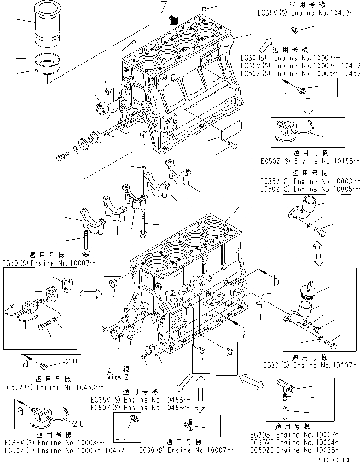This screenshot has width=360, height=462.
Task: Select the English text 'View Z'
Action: (118, 377)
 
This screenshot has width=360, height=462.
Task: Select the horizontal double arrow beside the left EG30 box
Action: (90, 293)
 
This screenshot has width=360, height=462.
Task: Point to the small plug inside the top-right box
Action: (292, 30)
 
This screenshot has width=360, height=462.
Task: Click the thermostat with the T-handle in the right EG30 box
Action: (306, 288)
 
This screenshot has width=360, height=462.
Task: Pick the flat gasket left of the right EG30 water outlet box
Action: (260, 300)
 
